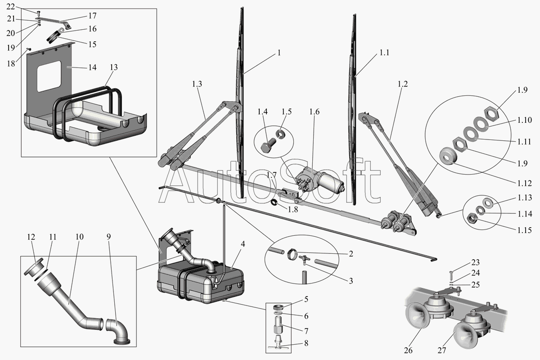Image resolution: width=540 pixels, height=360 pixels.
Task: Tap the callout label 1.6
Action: [314, 112]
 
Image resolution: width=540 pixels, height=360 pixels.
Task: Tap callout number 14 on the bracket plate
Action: [92, 67]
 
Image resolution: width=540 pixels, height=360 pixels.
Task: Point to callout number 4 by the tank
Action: [243, 244]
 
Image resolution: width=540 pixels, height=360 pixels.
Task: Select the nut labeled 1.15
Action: [472, 219]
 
